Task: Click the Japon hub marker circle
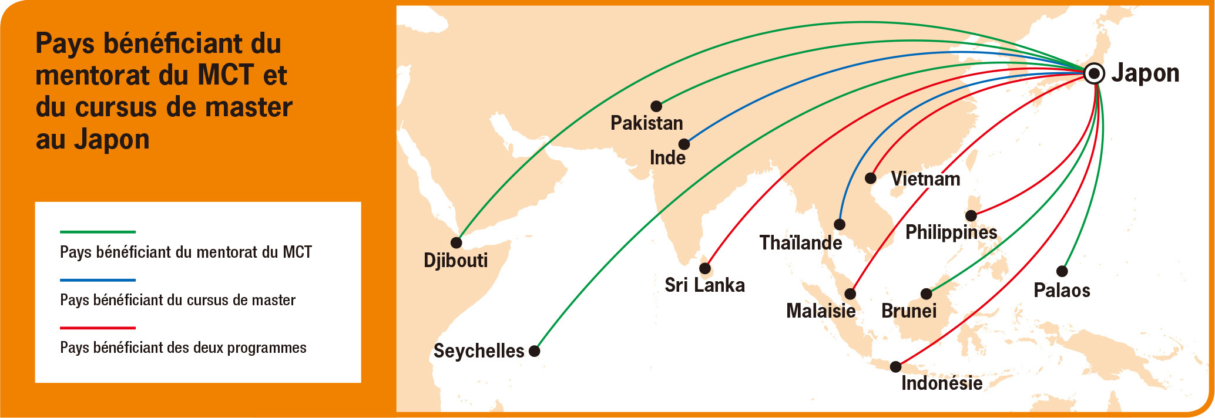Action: tap(1094, 73)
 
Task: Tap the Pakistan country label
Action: tap(646, 123)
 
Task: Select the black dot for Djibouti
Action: tap(456, 242)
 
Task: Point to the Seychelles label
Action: tap(478, 351)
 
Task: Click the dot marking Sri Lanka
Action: tap(705, 269)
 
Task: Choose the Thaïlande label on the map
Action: tap(800, 242)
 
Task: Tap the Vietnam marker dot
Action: tap(871, 178)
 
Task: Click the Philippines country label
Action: tap(951, 232)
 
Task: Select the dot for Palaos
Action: tap(1062, 271)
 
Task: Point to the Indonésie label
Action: tap(941, 383)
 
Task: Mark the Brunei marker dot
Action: tap(926, 294)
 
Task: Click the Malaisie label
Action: tap(820, 311)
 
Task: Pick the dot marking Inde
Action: tap(684, 144)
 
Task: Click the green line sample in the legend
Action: tap(98, 232)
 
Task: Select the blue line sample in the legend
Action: tap(98, 280)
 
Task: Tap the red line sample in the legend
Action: tap(98, 328)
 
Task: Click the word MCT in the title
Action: tap(226, 75)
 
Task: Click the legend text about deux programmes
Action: tap(183, 348)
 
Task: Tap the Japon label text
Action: tap(1145, 73)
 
